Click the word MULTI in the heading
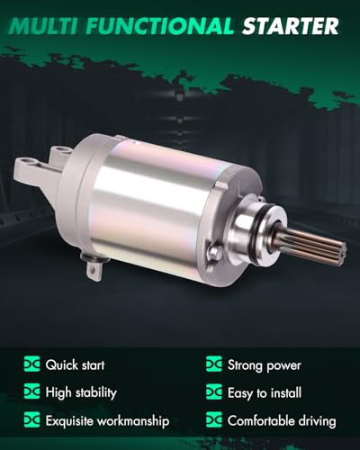click(x=44, y=26)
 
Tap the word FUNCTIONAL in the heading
click(x=160, y=26)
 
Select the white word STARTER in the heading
click(x=291, y=26)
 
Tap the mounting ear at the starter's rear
click(x=34, y=174)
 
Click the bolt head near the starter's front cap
click(x=213, y=251)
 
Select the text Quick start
click(x=75, y=365)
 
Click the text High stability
click(x=81, y=392)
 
